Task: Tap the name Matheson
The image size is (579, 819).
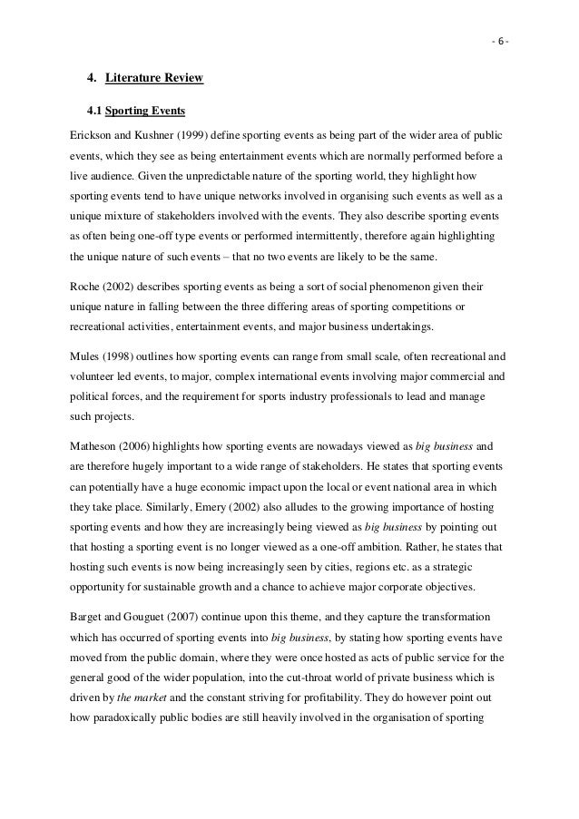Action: click(96, 446)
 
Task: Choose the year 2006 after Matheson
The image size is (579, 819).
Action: click(146, 446)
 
